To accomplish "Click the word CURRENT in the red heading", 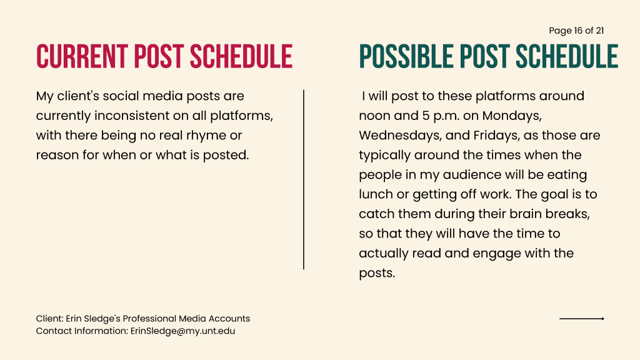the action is tap(82, 56).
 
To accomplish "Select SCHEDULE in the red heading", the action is tap(241, 56).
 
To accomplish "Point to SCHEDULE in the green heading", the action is tap(567, 56).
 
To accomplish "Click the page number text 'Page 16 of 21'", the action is tap(576, 31).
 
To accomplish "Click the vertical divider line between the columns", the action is tap(304, 179).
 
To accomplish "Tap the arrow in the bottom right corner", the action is tap(582, 318).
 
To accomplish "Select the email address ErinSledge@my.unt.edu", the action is tap(183, 331).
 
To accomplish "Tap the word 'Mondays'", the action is tap(512, 116).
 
